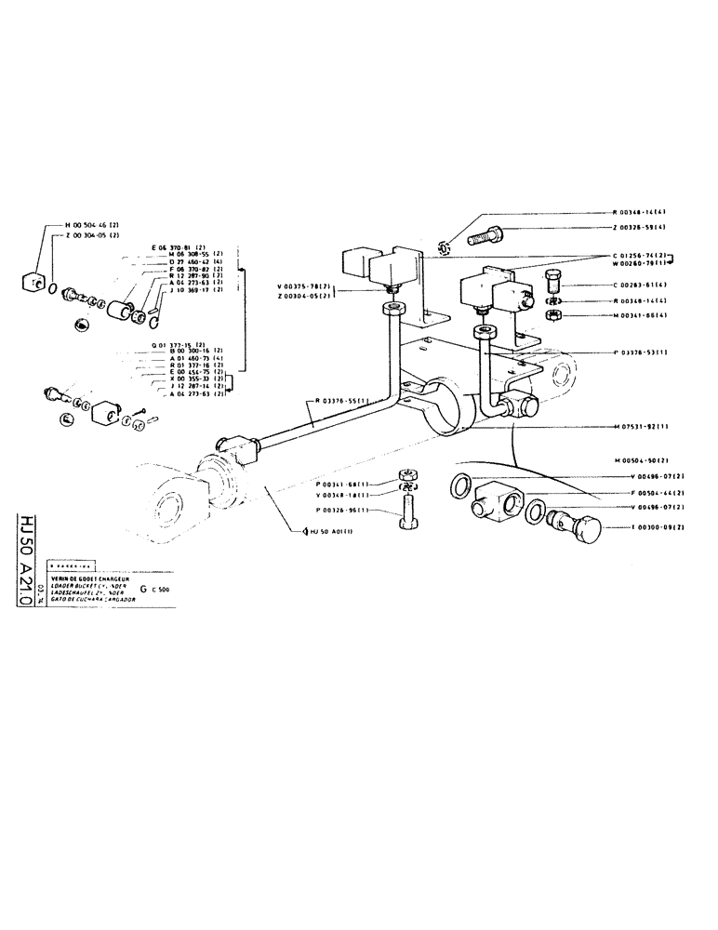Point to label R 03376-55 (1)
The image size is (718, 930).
[x=345, y=400]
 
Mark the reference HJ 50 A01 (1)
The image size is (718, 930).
[x=327, y=531]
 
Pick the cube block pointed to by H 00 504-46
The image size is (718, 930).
[x=34, y=276]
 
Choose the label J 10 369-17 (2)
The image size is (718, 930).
[x=193, y=290]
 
